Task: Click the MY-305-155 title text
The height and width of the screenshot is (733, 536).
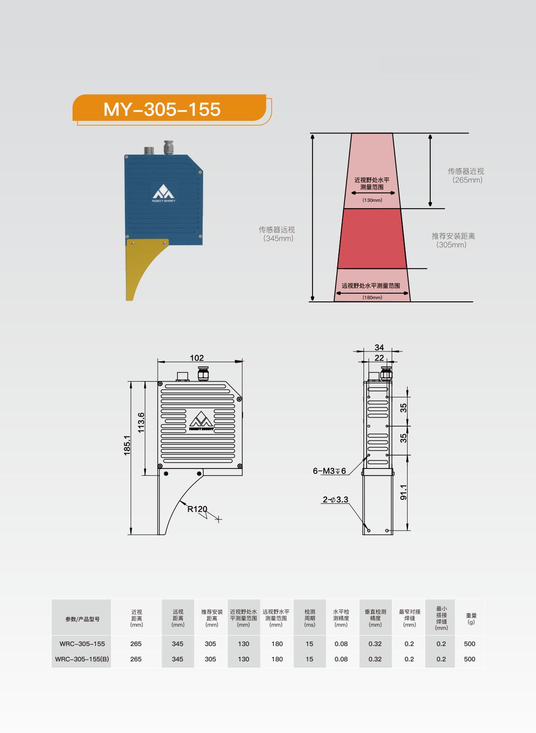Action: [162, 109]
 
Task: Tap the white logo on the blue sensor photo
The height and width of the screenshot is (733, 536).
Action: [164, 193]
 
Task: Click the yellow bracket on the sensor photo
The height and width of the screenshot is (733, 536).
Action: [144, 269]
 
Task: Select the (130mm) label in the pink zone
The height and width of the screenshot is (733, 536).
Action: [372, 200]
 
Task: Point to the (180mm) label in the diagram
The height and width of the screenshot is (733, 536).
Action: [372, 297]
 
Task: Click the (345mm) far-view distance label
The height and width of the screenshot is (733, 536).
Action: [278, 238]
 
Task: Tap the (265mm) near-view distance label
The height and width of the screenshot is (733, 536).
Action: [467, 180]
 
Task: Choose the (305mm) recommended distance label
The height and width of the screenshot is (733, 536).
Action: [451, 245]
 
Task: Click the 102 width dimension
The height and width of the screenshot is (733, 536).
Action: [197, 358]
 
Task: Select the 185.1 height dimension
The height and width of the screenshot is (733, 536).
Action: [127, 445]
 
